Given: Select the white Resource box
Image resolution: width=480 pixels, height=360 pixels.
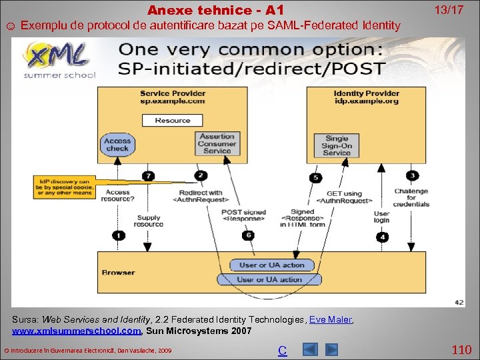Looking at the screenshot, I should click(172, 120).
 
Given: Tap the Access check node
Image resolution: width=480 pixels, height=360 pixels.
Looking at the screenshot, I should click(117, 145).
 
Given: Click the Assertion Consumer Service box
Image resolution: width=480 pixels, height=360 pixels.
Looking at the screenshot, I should click(217, 144).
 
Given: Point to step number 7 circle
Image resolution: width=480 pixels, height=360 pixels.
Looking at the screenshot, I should click(148, 176).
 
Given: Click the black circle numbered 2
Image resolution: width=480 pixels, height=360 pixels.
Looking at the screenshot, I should click(201, 175).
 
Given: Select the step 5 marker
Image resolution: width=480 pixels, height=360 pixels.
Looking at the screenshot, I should click(315, 177).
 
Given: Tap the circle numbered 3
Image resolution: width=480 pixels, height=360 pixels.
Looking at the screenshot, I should click(413, 175).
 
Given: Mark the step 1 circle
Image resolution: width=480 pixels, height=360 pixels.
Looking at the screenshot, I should click(118, 235).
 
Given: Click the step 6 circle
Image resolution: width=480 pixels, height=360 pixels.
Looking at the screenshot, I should click(248, 235).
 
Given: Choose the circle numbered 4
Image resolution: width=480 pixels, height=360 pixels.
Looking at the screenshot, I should click(382, 236).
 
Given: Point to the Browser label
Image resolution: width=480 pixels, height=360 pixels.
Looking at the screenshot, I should click(119, 272).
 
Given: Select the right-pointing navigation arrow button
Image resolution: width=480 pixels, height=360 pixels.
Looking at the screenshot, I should click(331, 349).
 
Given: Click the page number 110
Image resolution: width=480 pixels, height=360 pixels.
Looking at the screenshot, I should click(461, 349).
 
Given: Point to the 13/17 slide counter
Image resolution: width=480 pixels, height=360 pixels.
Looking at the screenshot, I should click(449, 10).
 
